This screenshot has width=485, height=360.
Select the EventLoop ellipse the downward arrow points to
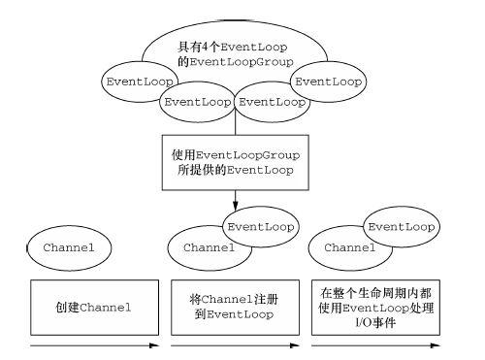(259, 228)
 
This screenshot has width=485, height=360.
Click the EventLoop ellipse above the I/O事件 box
(399, 228)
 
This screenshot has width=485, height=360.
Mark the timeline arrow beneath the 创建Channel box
(94, 346)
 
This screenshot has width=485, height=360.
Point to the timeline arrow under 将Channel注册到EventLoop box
(233, 346)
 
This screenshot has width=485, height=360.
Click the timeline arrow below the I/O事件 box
(372, 346)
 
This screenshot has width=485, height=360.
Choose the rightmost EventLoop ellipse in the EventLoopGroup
(329, 81)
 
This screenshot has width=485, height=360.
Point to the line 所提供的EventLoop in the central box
(233, 171)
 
